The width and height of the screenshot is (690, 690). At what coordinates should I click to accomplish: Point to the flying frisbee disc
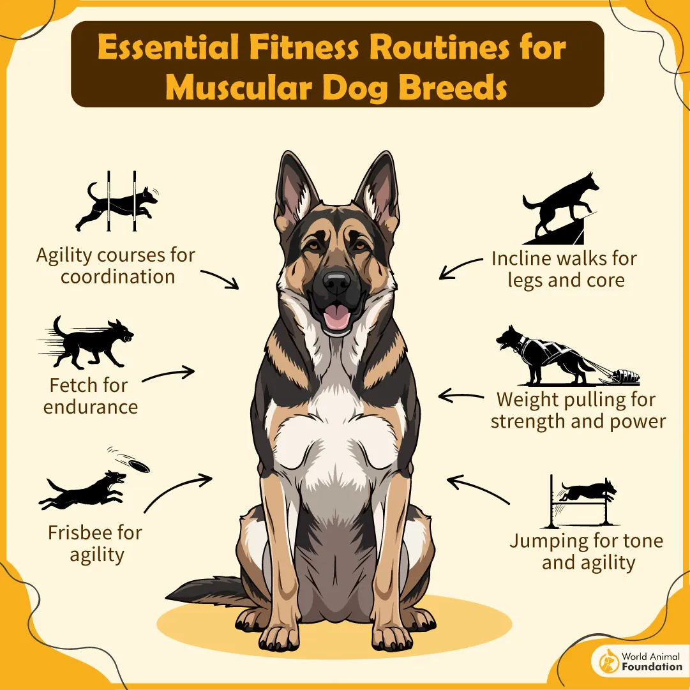pyautogui.click(x=136, y=465)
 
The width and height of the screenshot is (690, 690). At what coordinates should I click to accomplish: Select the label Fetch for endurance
pyautogui.click(x=89, y=396)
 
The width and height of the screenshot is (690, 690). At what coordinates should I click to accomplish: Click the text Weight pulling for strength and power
pyautogui.click(x=578, y=410)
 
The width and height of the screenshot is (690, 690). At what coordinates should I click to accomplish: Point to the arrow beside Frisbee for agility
pyautogui.click(x=178, y=491)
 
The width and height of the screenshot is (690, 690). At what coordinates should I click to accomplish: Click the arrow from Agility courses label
pyautogui.click(x=220, y=279)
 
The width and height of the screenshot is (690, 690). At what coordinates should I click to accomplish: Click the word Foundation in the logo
pyautogui.click(x=651, y=667)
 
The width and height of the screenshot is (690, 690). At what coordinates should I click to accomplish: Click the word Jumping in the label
pyautogui.click(x=550, y=541)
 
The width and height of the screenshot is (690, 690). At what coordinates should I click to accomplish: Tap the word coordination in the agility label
pyautogui.click(x=117, y=277)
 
